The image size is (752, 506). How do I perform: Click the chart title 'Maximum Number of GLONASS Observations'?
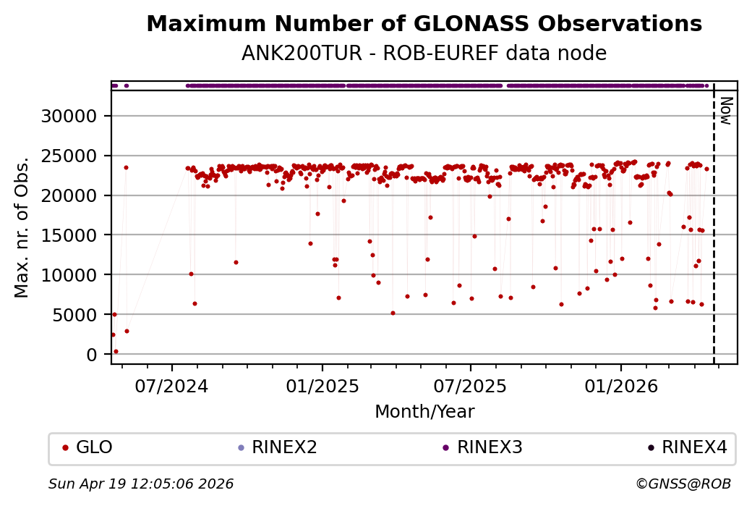[x=424, y=24]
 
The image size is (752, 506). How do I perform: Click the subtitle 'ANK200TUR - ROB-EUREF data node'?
[x=424, y=54]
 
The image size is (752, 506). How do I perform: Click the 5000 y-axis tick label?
[x=80, y=315]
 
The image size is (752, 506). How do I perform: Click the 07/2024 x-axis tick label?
[x=172, y=386]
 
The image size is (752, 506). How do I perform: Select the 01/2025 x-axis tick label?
[x=322, y=386]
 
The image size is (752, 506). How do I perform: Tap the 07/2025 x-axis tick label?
[x=471, y=386]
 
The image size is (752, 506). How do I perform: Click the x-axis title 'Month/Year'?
[x=424, y=412]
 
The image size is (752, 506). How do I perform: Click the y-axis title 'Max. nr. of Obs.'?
[x=22, y=227]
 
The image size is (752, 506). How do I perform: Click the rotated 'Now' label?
[x=726, y=110]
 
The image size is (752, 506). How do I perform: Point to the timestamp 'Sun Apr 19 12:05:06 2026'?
[x=141, y=484]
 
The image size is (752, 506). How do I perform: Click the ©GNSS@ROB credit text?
[x=683, y=484]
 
